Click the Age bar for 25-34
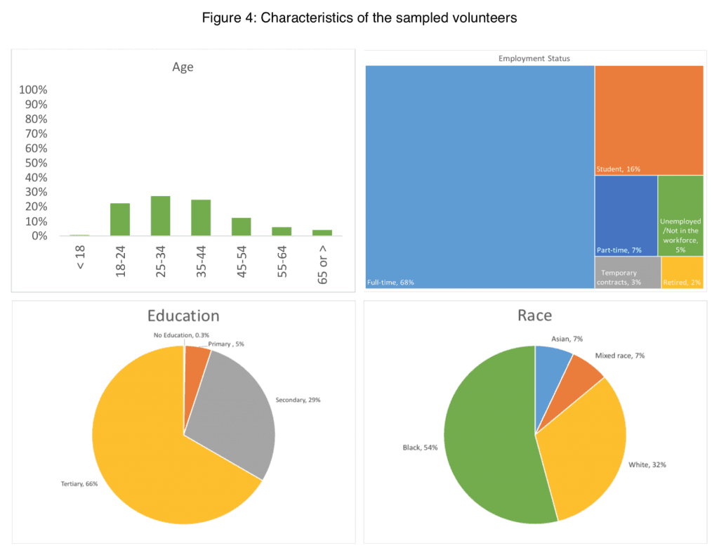160,216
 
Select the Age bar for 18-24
120,219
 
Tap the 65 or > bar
322,233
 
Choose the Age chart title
183,67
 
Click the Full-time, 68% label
390,283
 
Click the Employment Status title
534,58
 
